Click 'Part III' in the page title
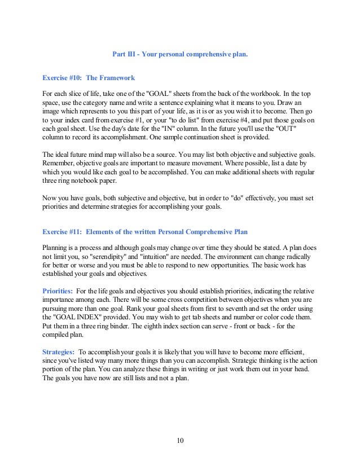coord(122,55)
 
